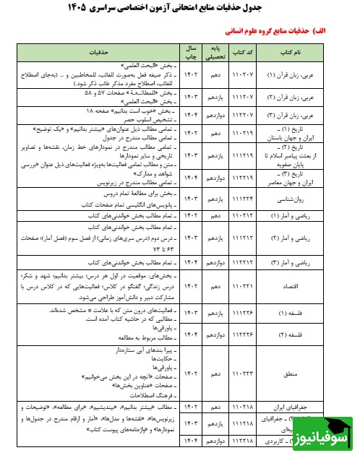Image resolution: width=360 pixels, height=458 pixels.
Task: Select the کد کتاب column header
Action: (x=244, y=53)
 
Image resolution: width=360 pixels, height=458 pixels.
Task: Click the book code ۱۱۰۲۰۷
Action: (x=244, y=74)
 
